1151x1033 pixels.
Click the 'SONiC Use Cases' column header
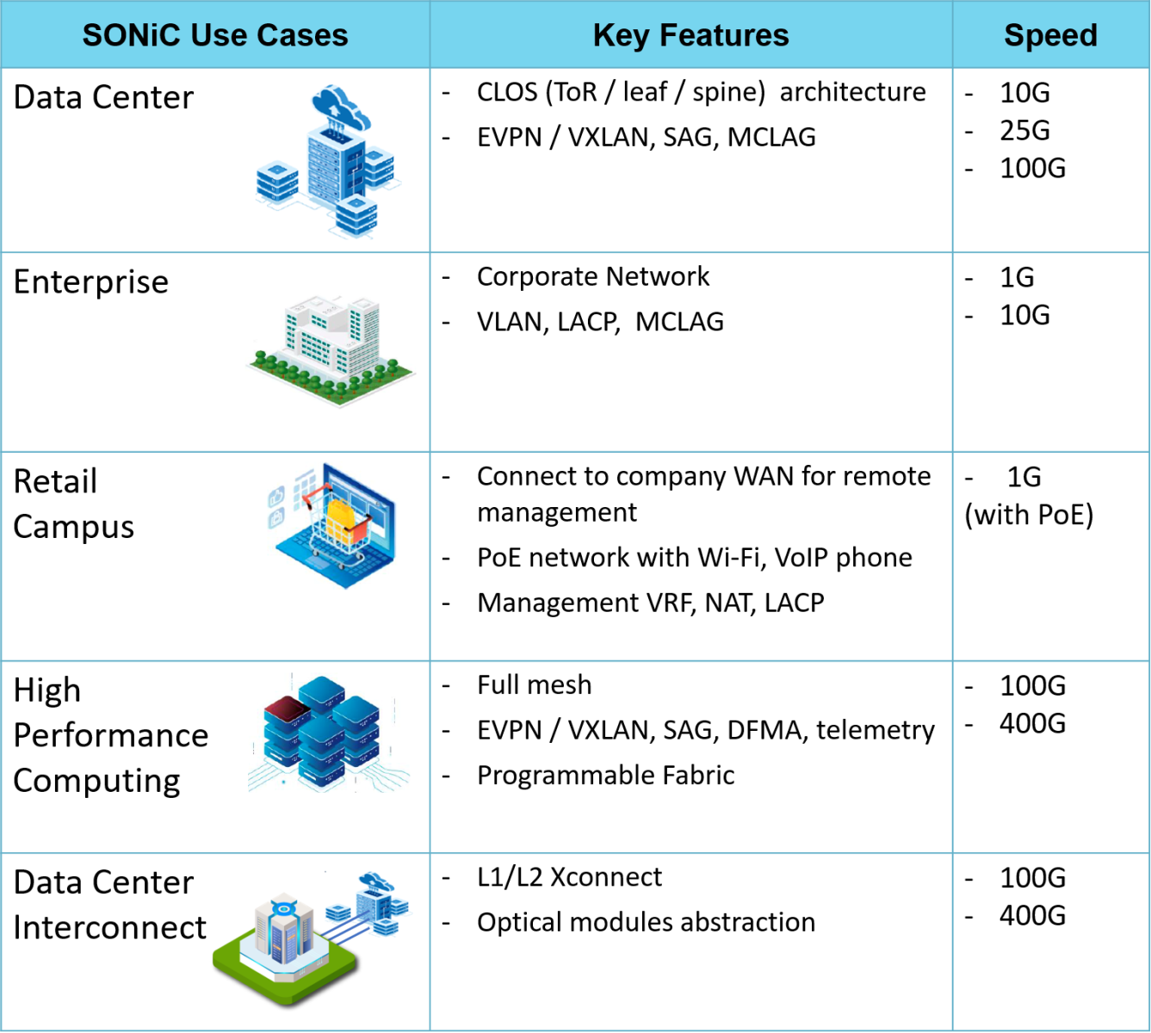tap(215, 35)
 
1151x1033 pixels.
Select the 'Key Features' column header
tap(690, 35)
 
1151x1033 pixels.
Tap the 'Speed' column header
tap(1050, 35)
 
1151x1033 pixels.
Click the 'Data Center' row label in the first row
tap(103, 97)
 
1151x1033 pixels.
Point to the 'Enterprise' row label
tap(91, 282)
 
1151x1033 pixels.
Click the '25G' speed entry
tap(1024, 130)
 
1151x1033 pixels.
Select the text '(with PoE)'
tap(1029, 515)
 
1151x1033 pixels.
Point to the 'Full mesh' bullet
tap(535, 685)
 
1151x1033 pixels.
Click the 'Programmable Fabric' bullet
tap(606, 776)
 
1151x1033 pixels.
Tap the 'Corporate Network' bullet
tap(593, 276)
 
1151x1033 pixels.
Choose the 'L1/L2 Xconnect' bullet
tap(570, 877)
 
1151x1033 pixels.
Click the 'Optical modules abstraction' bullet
tap(646, 922)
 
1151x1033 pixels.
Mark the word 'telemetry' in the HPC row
tap(876, 730)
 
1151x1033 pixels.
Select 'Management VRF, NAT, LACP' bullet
tap(651, 603)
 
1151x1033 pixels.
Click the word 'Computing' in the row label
tap(97, 781)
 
